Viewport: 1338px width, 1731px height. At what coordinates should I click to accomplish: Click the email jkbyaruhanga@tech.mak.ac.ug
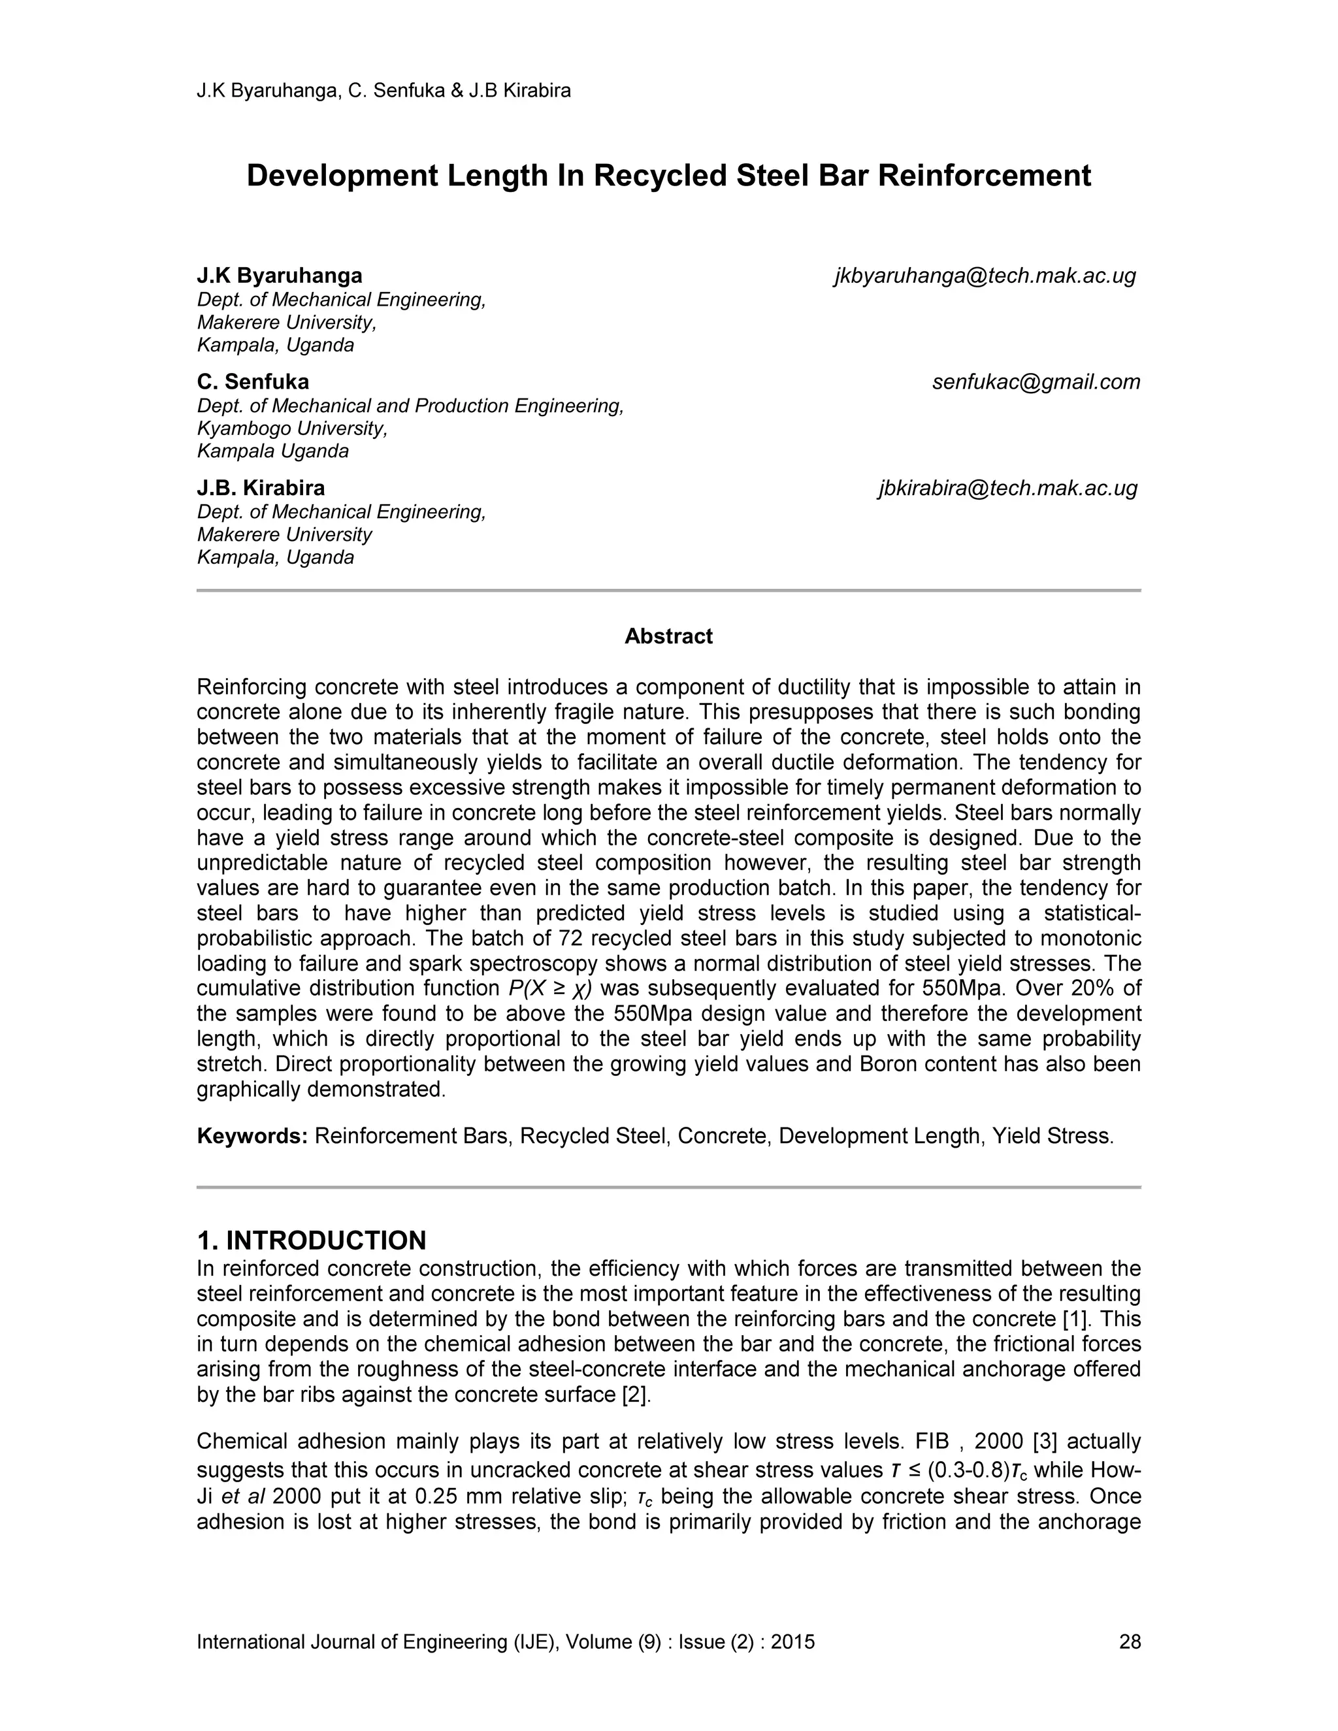point(985,276)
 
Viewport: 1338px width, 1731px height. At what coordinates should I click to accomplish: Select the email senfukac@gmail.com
point(1036,382)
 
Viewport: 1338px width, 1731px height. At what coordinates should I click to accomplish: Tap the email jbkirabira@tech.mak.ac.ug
point(1007,488)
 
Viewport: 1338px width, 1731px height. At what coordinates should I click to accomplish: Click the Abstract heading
point(668,636)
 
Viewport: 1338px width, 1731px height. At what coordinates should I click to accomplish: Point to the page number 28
point(1130,1642)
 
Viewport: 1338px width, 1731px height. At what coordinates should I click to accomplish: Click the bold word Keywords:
point(252,1137)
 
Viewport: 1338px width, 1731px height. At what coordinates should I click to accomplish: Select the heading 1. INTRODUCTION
point(311,1240)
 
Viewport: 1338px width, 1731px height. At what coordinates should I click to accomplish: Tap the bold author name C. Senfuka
point(253,382)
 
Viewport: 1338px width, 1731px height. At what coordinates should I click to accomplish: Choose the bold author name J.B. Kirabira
point(261,488)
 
